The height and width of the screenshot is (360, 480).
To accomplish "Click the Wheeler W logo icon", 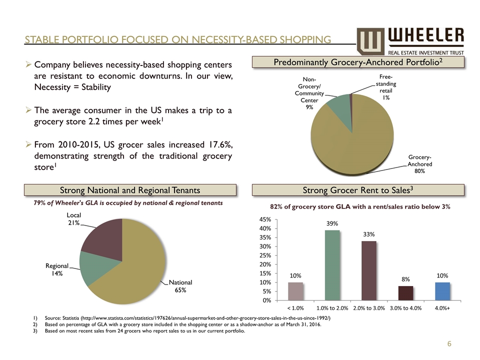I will pos(370,40).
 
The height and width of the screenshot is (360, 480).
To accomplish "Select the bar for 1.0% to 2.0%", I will pos(332,265).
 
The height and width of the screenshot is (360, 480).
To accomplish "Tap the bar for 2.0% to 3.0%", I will pos(369,270).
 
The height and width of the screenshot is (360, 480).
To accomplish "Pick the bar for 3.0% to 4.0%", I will pos(405,293).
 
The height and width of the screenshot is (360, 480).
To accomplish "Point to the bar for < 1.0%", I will pos(295,291).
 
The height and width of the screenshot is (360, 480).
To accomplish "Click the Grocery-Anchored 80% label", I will pos(419,164).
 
